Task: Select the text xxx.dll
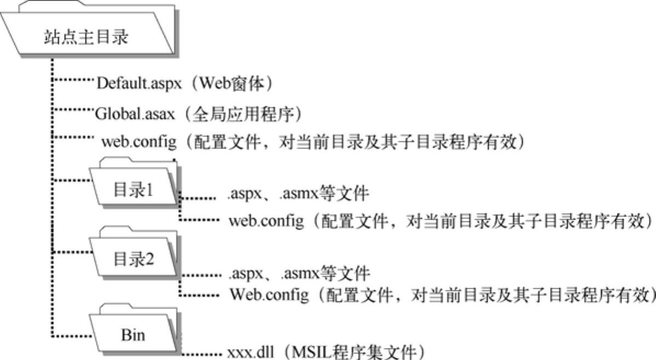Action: click(x=246, y=351)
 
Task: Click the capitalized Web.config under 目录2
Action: click(x=268, y=296)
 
